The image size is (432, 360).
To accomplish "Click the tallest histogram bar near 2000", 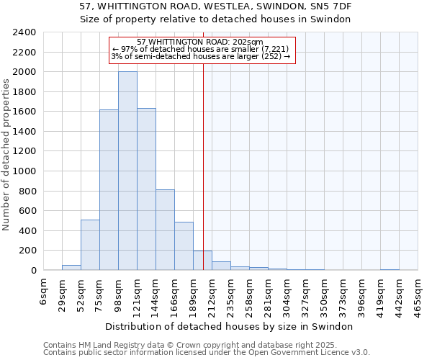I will [x=127, y=171].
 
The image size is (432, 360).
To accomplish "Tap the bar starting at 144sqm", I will [x=165, y=230].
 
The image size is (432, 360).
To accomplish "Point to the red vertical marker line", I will [x=203, y=166].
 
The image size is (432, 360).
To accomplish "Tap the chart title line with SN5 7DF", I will [x=215, y=6].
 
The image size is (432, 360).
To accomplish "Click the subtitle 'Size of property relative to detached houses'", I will [x=215, y=19].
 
